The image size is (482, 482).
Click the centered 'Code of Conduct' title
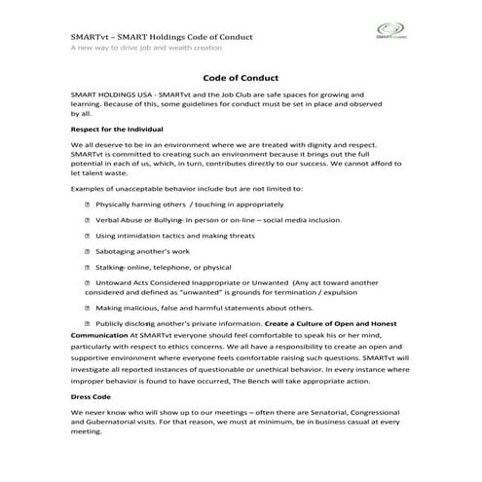[x=240, y=78]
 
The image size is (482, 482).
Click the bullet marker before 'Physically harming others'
[x=89, y=205]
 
